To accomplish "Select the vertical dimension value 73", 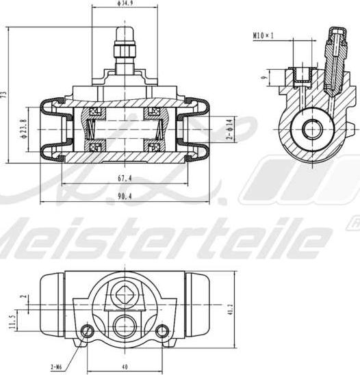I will pos(3,94).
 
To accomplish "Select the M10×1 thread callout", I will pos(262,34).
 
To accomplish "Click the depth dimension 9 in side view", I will pos(263,77).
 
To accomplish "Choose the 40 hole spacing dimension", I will pos(124,366).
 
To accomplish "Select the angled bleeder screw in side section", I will pos(333,62).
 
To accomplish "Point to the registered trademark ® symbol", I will pos(355,224).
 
